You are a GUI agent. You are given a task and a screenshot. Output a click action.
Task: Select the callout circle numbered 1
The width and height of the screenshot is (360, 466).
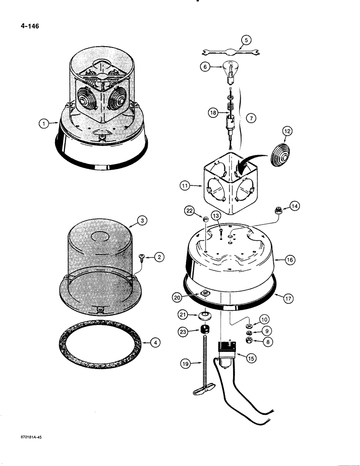click(x=43, y=123)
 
